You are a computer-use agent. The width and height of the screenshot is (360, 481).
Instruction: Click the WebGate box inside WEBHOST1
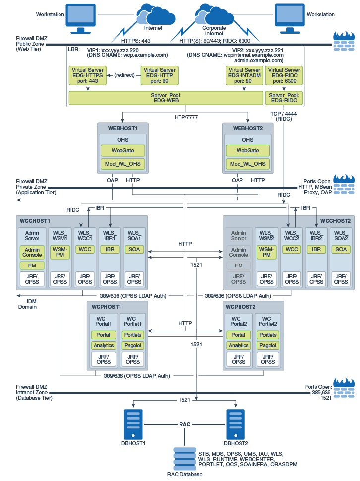pyautogui.click(x=122, y=150)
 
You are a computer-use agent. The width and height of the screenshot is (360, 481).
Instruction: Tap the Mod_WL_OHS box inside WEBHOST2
pyautogui.click(x=247, y=164)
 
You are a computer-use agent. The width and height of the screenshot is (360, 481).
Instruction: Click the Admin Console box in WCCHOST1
pyautogui.click(x=32, y=252)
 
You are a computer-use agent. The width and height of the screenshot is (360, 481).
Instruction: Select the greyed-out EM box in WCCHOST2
pyautogui.click(x=239, y=266)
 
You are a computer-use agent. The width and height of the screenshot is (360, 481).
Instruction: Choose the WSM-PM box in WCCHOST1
pyautogui.click(x=60, y=252)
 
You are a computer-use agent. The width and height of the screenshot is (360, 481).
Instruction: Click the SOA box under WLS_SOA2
pyautogui.click(x=341, y=249)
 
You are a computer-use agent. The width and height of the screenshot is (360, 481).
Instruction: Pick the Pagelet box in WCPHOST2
pyautogui.click(x=268, y=345)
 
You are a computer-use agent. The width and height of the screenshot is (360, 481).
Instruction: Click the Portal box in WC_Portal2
pyautogui.click(x=239, y=335)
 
